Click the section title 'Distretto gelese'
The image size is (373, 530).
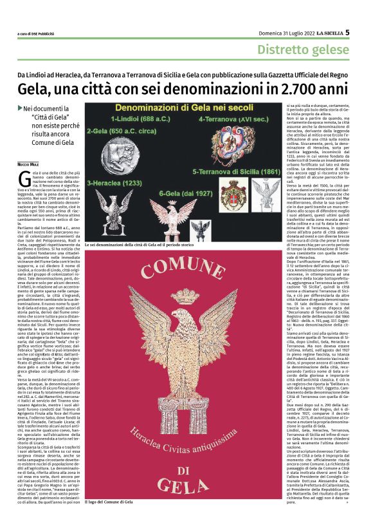pos(303,49)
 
